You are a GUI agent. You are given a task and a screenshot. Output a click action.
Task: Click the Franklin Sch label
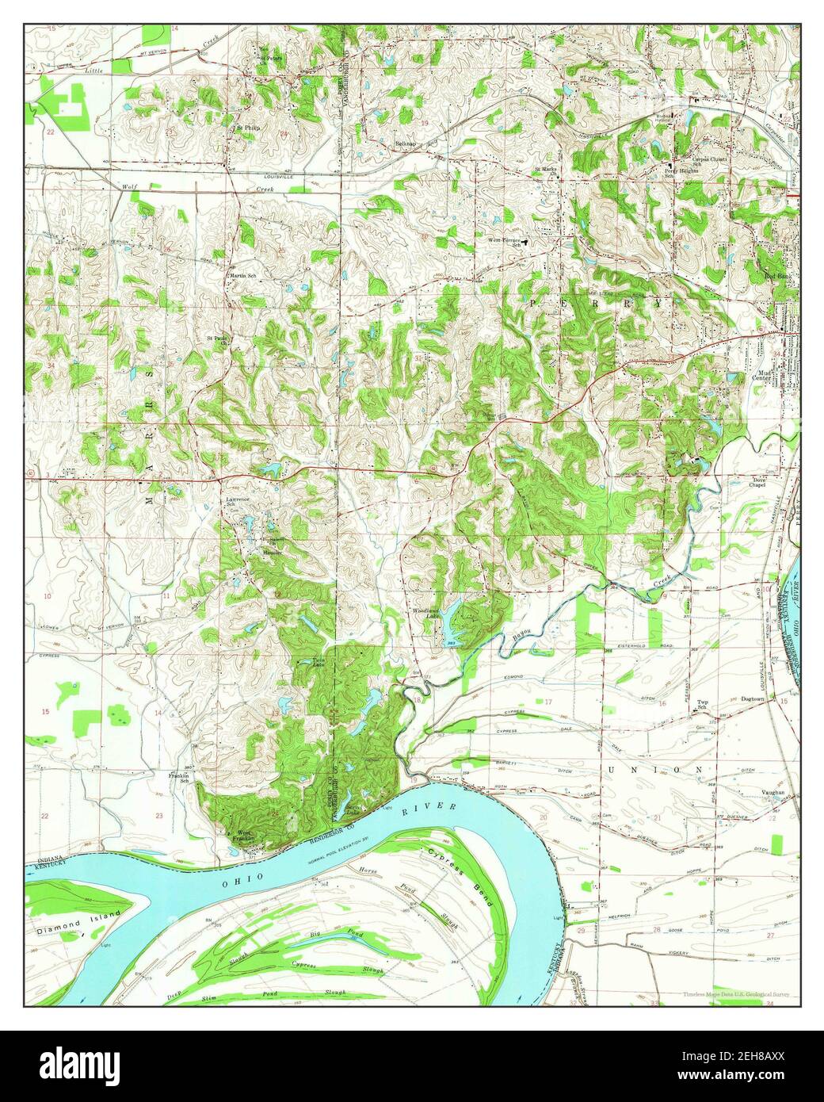[x=178, y=778]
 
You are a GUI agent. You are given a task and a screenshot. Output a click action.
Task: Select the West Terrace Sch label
[x=507, y=243]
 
